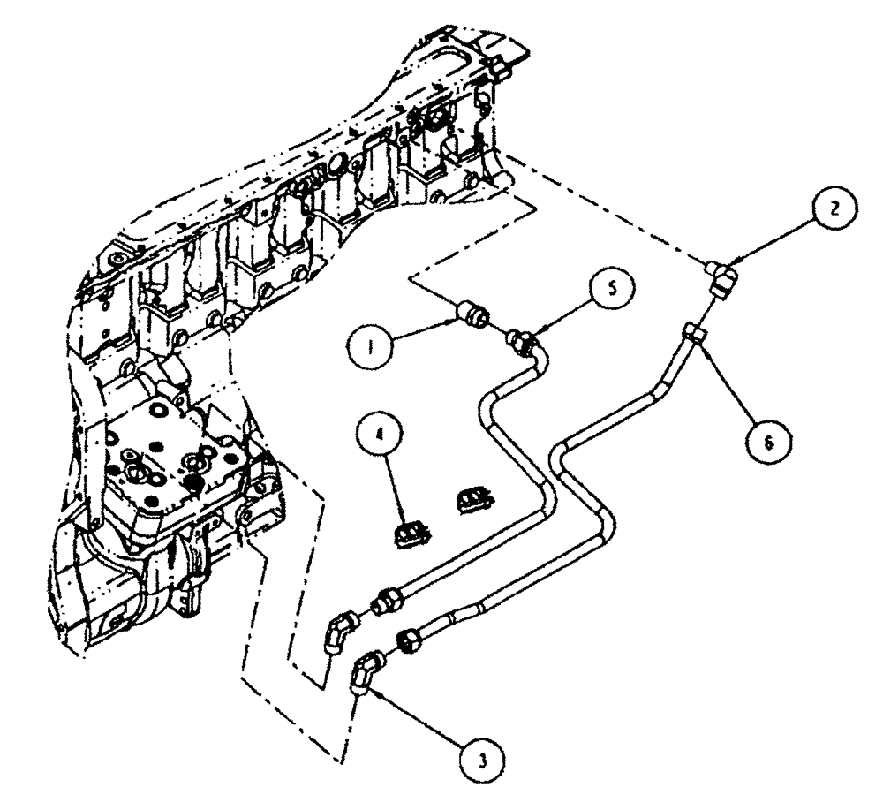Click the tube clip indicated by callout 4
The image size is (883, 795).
(411, 532)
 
